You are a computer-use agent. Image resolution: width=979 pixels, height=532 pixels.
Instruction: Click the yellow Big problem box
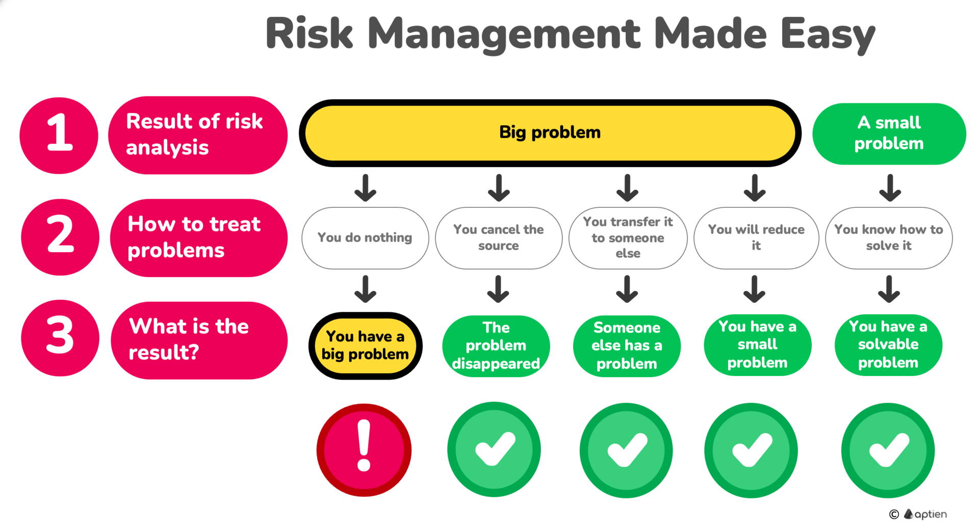coord(550,133)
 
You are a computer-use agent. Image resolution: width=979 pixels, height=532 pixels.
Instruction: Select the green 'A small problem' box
coord(889,134)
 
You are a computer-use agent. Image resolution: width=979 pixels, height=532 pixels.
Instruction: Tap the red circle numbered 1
coord(59,136)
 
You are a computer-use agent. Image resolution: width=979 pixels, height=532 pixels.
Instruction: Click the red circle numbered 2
coord(60,237)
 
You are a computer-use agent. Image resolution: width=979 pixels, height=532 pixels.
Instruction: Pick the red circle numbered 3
coord(60,338)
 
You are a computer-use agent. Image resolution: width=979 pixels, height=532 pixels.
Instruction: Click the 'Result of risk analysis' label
coord(198,135)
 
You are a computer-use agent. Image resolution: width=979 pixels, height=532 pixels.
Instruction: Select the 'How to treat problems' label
coord(199,238)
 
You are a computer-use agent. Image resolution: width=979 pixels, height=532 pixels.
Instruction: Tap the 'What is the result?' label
coord(199,340)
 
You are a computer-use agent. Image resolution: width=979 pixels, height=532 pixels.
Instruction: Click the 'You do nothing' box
coord(365,238)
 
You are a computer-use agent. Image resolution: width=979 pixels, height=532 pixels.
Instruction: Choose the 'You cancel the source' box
coord(499,238)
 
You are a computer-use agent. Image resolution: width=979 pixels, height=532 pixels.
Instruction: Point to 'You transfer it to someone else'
coord(628,238)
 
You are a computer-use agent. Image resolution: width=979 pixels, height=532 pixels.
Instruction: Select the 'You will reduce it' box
coord(756,238)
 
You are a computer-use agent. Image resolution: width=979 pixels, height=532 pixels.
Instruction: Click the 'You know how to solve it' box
coord(889,238)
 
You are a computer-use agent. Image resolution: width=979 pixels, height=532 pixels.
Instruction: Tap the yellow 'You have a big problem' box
coord(365,345)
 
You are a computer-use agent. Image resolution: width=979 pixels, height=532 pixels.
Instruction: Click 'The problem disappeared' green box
coord(496,346)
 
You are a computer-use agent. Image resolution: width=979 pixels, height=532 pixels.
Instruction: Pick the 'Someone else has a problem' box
coord(627,346)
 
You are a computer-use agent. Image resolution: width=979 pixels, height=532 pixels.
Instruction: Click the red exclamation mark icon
coord(364,450)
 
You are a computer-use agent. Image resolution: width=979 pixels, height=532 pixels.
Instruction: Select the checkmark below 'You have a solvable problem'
coord(888,450)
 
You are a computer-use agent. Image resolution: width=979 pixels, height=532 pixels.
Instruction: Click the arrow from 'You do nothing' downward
coord(366,289)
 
